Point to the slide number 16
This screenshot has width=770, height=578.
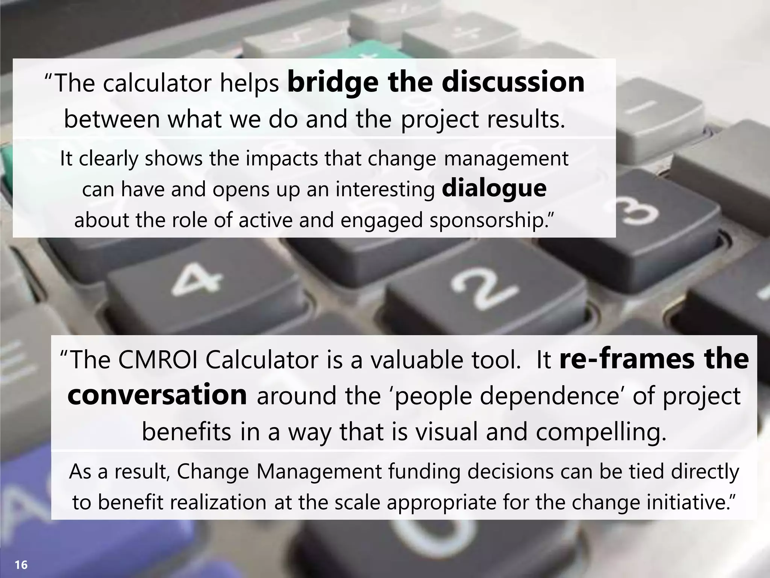point(21,564)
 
